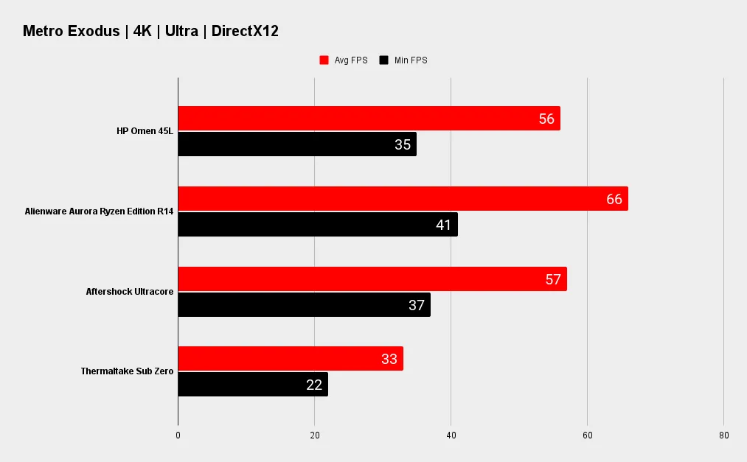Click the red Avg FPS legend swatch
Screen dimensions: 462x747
[324, 60]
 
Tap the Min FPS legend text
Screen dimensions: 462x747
[411, 60]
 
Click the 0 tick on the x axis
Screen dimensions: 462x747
[178, 436]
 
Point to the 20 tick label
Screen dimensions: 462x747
[315, 436]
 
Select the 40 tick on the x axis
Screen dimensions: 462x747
[451, 436]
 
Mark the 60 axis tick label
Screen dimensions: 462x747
[588, 436]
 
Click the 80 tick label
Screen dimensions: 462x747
[723, 436]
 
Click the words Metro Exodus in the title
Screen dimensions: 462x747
[71, 31]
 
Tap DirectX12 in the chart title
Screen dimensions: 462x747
[245, 31]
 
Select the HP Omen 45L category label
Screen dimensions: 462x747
[145, 131]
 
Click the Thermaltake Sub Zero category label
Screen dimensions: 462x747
[127, 371]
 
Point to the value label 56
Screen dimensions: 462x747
[546, 119]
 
